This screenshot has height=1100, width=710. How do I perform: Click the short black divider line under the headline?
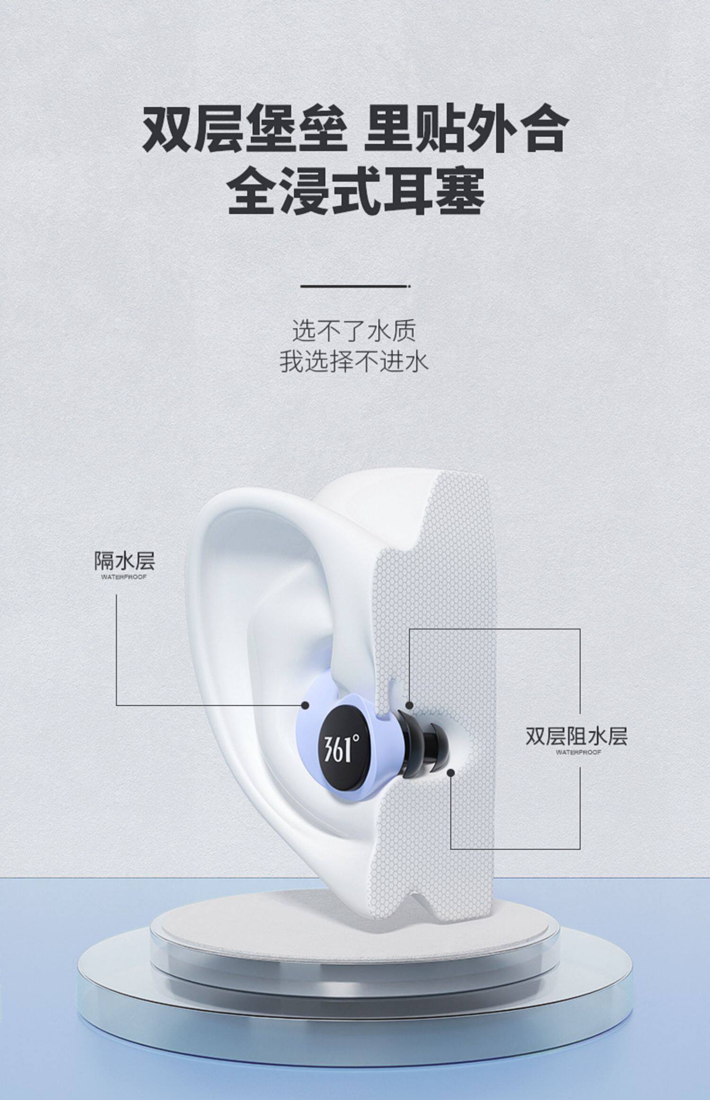[355, 286]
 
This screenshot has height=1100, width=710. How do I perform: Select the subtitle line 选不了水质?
[354, 331]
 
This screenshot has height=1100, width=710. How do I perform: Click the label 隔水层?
[124, 561]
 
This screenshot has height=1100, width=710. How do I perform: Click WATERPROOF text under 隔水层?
[124, 577]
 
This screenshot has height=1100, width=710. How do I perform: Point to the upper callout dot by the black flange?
[409, 705]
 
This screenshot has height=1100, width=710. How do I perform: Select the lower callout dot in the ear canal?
[451, 773]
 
